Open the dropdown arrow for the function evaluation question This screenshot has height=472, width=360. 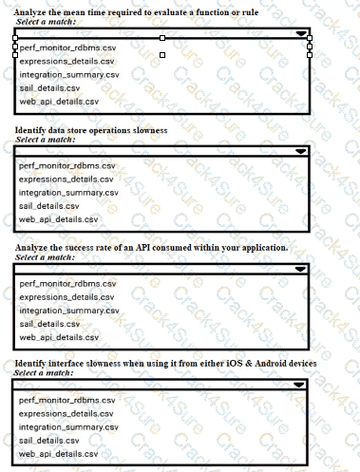302,33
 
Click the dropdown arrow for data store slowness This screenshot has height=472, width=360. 302,151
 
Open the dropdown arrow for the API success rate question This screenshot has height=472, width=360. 302,270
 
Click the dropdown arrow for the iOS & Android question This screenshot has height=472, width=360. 302,386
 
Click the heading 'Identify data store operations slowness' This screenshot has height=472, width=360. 91,129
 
